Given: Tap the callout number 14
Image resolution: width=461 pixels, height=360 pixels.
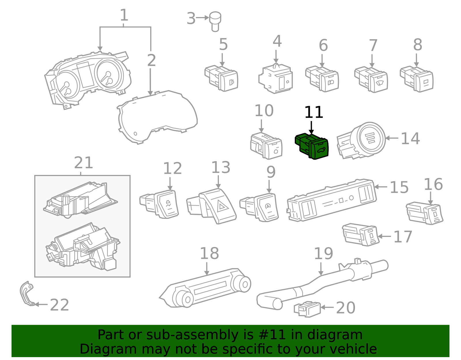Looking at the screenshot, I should pos(410,139).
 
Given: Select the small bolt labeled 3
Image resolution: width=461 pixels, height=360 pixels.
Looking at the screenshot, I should pos(215,21).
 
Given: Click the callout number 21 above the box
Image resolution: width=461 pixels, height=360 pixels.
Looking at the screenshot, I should pos(83,163).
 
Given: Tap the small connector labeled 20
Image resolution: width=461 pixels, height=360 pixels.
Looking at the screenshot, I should pos(307,309).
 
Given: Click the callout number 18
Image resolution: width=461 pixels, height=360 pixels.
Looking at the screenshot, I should pos(209,254).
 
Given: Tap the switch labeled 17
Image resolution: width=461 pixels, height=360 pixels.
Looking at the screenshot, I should pos(361,234).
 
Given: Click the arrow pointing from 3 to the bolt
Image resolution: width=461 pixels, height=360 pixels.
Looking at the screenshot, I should pos(203,18).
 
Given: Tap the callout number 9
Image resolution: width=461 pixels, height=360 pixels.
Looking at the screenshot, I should pos(271,172).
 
